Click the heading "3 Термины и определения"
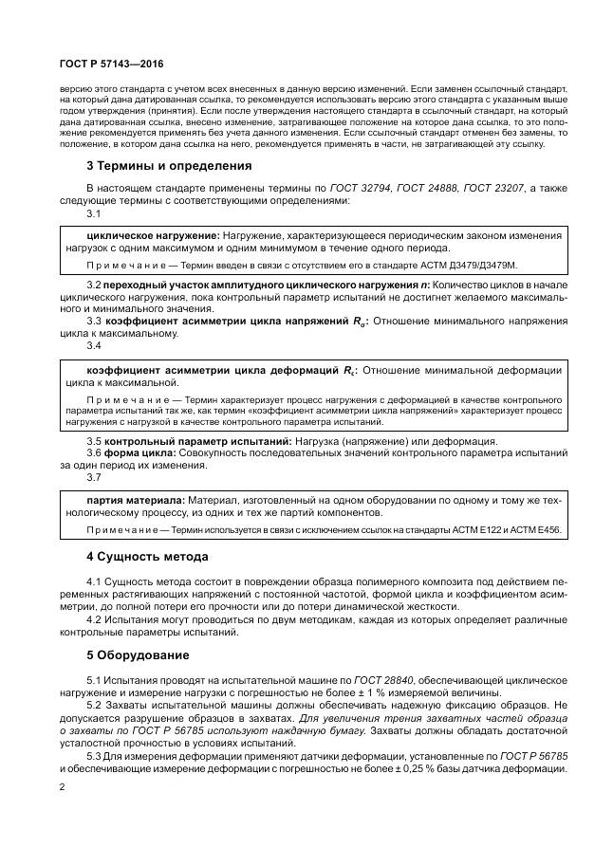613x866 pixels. click(x=156, y=164)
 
